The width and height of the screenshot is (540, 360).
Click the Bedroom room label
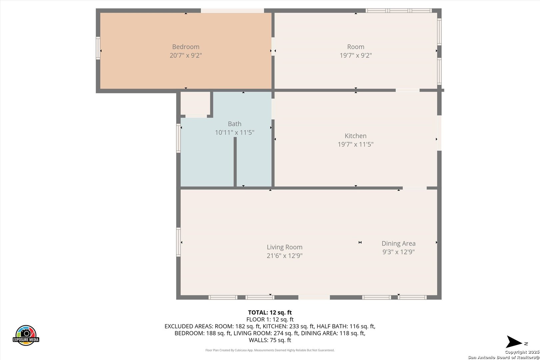coord(186,47)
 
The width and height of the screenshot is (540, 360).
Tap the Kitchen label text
coord(356,136)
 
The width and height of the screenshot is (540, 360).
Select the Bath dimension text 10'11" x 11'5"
coord(235,132)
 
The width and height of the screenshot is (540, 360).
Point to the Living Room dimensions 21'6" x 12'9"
coord(284,256)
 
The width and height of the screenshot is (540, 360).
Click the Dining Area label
coord(398,244)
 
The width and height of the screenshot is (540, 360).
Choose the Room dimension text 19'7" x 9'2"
coord(356,55)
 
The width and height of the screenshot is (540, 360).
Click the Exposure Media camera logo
coord(26,335)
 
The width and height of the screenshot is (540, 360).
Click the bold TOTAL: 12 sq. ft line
coord(270,312)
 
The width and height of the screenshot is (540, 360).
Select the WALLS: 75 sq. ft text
coord(270,340)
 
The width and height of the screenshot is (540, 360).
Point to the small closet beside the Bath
coord(195,103)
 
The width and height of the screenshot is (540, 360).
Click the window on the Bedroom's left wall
coord(98,48)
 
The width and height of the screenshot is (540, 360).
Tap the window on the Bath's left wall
coord(178,138)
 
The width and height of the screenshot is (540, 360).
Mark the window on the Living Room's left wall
coord(178,242)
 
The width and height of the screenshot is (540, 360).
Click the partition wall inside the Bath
coord(235,162)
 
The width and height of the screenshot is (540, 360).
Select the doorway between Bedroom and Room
coord(273,47)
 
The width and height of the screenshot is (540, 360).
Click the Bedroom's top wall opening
coord(232,11)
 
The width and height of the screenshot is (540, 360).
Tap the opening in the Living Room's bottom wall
coord(314,297)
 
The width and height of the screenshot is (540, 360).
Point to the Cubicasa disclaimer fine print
coord(270,350)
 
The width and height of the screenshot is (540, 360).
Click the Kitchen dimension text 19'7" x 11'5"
coord(356,144)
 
